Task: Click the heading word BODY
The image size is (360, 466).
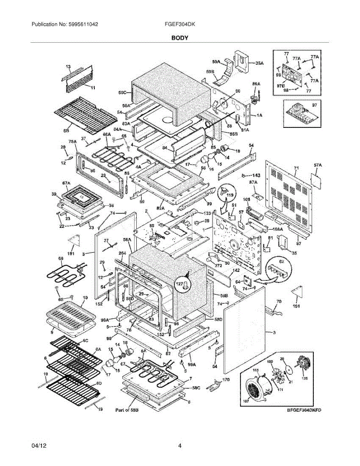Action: (180, 38)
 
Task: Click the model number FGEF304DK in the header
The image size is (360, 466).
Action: (180, 24)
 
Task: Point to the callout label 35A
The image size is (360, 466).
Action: (259, 63)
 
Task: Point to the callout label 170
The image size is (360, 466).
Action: (226, 379)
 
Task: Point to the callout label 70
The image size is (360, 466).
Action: (278, 301)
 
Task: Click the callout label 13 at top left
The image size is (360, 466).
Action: (68, 67)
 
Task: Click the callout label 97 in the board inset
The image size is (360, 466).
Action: (314, 105)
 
